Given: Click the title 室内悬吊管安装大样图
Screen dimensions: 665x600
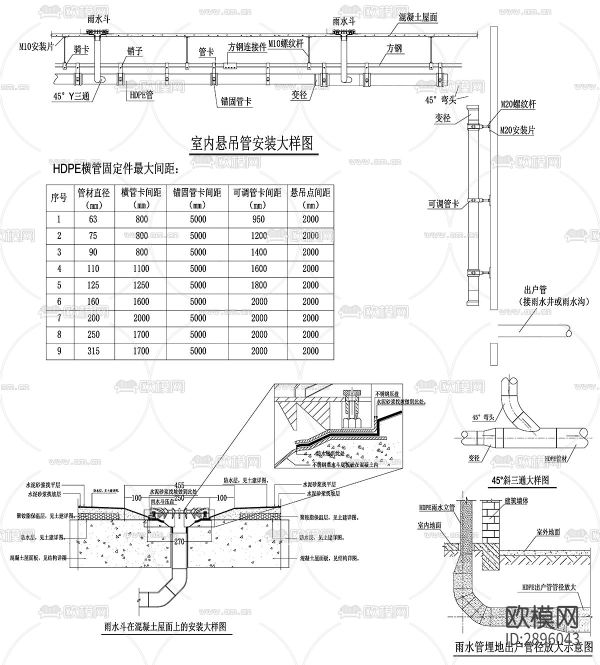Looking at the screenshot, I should click(252, 144).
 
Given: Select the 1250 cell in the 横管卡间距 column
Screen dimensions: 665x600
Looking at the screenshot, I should click(141, 285).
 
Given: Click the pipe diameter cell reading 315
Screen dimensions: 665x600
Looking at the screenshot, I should click(93, 351).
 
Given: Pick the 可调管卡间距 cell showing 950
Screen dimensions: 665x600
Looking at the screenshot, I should click(258, 219).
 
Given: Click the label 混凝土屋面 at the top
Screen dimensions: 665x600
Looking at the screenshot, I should click(418, 17).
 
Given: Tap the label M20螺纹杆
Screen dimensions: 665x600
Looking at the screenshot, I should click(518, 104).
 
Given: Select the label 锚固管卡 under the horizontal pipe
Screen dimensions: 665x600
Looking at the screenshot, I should click(236, 101).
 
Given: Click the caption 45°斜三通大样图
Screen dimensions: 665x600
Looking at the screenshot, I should click(520, 480).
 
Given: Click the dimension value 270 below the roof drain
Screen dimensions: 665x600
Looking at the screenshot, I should click(181, 541).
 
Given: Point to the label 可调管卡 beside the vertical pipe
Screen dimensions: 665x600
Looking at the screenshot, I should click(443, 204).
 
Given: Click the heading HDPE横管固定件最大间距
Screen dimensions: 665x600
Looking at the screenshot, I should click(115, 169).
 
